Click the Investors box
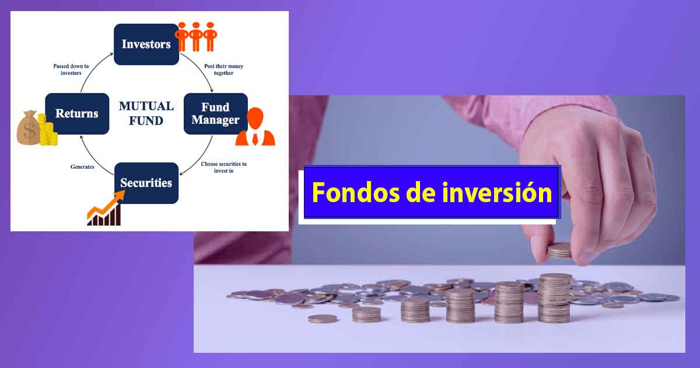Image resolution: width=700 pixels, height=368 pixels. [x=146, y=44]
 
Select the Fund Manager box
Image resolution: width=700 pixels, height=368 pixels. [x=215, y=113]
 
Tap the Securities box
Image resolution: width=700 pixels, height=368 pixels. [x=146, y=183]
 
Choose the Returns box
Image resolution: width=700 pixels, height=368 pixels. [x=76, y=113]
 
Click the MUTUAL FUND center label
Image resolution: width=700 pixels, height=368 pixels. [x=146, y=113]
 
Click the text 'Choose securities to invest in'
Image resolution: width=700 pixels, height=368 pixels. [x=223, y=167]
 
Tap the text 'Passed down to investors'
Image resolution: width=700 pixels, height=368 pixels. [x=71, y=70]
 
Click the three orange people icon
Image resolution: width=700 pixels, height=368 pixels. [x=196, y=37]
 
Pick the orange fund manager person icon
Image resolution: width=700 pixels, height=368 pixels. [x=255, y=127]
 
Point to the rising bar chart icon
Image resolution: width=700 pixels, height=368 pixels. [x=105, y=210]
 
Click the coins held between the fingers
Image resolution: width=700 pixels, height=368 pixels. [x=559, y=251]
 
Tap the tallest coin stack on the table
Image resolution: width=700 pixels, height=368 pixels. [x=555, y=298]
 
